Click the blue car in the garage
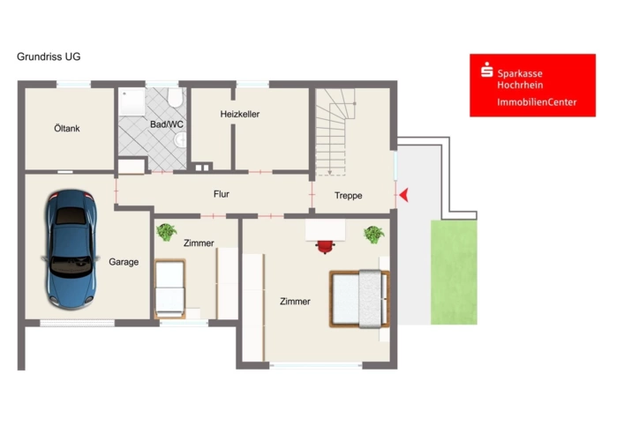(x=71, y=249)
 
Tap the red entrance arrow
(x=404, y=195)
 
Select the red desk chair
(x=325, y=247)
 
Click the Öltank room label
(x=67, y=129)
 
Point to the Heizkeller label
(x=240, y=114)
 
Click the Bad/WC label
(x=167, y=124)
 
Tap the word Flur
(x=222, y=194)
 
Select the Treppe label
(x=349, y=196)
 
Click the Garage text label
(x=124, y=262)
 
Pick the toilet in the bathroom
(x=175, y=97)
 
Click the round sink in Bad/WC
(x=181, y=139)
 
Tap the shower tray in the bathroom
(x=132, y=101)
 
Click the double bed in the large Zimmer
(x=359, y=299)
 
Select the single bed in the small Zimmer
(x=170, y=289)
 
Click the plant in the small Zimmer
(x=166, y=232)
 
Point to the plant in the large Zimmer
(x=373, y=235)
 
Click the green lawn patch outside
(x=454, y=273)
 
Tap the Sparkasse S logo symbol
(x=486, y=70)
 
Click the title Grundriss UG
(x=49, y=56)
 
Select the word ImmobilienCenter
(x=537, y=102)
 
